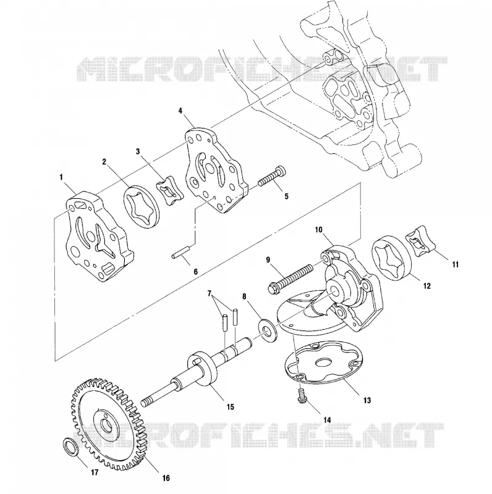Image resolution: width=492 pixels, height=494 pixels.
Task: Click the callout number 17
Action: (95, 472)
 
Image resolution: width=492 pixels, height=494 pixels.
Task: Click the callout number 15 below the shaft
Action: (230, 407)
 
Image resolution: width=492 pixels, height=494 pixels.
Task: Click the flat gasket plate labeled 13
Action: (324, 364)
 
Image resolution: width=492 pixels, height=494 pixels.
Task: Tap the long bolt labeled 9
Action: (290, 278)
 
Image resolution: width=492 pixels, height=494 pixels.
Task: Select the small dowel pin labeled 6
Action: (181, 252)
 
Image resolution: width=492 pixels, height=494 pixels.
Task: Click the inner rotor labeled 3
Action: (170, 191)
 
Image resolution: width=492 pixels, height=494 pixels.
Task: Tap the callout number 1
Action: (61, 177)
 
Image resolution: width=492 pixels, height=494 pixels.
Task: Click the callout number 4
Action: (180, 111)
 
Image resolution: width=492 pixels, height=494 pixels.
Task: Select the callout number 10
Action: (318, 229)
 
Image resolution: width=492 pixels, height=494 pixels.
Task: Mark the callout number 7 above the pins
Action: (209, 293)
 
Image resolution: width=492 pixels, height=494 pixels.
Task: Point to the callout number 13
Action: (367, 400)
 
